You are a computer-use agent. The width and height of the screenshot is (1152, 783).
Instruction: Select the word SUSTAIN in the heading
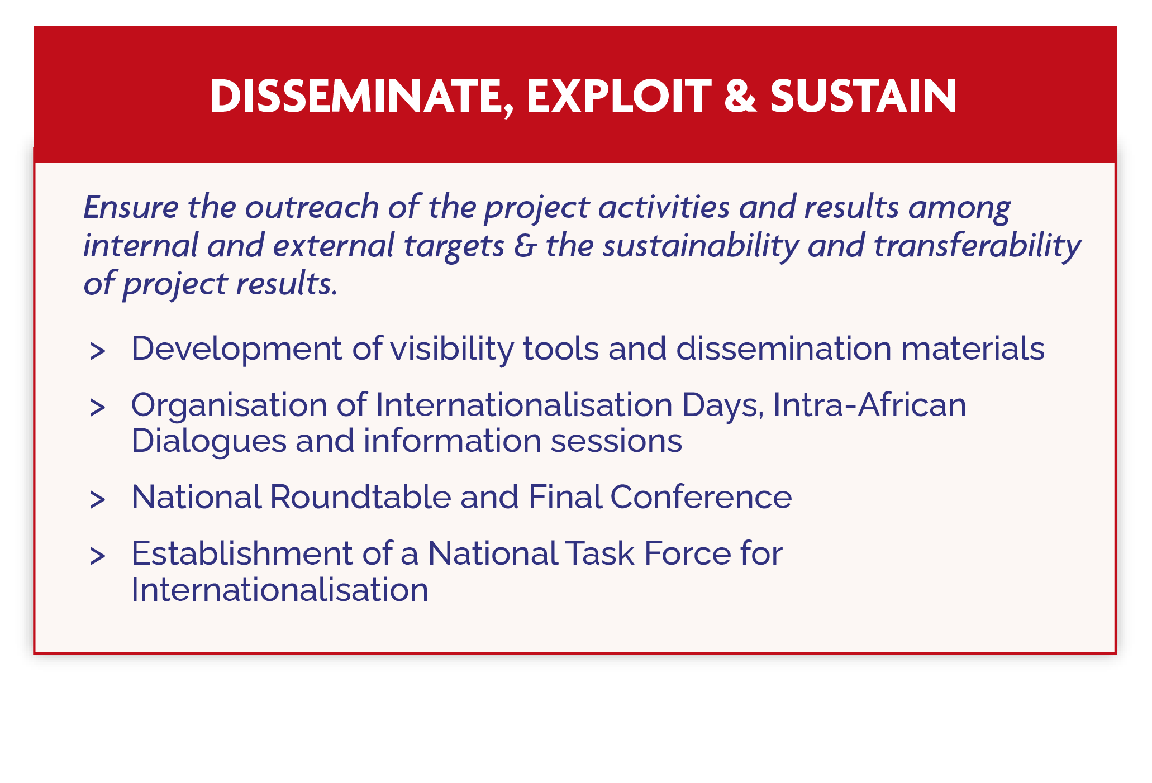coord(864,96)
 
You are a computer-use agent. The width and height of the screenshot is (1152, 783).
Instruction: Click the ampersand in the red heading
coord(740,96)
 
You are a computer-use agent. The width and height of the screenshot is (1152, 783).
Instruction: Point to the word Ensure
coord(131,207)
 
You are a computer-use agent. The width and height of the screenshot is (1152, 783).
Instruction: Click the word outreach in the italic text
coord(312,207)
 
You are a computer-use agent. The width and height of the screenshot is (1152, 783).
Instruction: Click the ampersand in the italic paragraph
coord(525,246)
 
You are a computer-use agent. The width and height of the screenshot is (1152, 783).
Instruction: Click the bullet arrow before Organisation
coord(97,408)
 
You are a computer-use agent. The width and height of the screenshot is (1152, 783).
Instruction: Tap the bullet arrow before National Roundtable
coord(97,500)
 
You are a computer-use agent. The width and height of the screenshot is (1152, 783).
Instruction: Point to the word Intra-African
coord(870,404)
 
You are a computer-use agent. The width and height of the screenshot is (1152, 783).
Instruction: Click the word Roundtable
coord(361,496)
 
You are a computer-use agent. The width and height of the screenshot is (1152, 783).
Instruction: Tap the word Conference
coord(701,496)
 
